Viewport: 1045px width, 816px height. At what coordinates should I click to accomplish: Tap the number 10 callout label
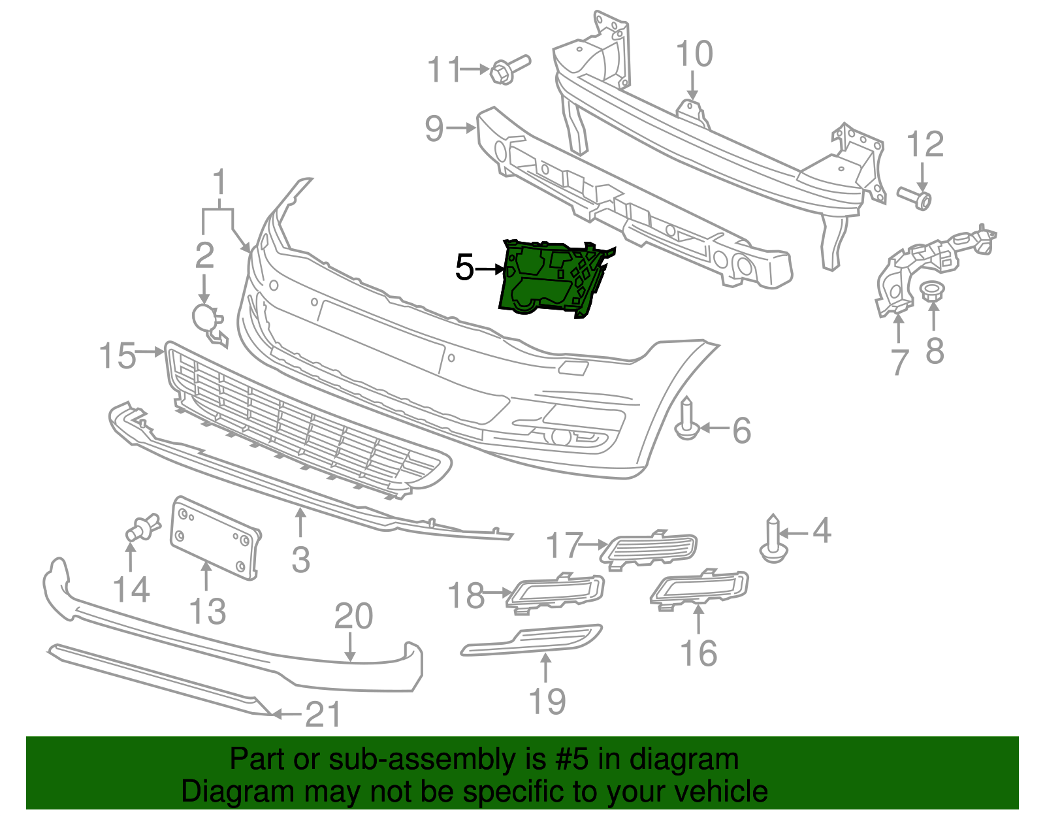(694, 54)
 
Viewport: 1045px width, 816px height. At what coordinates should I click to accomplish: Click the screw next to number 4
(773, 541)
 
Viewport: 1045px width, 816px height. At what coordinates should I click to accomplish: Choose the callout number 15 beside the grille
(118, 356)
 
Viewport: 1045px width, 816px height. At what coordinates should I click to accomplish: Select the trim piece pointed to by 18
(555, 592)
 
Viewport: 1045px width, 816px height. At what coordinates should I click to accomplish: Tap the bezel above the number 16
(699, 587)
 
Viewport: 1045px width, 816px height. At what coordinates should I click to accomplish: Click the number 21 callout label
(323, 715)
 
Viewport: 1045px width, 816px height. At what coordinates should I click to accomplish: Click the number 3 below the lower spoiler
(300, 560)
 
